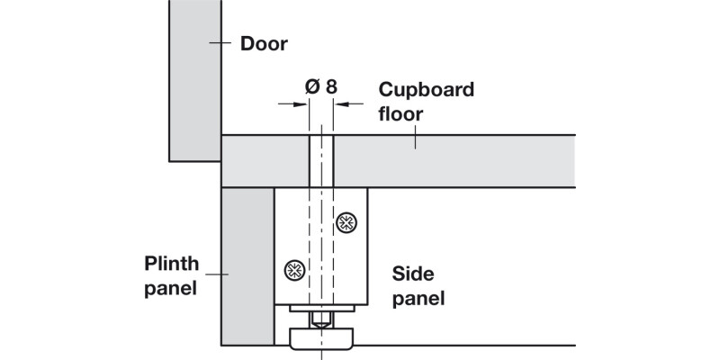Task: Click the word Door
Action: [x=264, y=43]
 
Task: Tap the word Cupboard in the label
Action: [x=426, y=90]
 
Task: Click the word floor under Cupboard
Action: [x=400, y=114]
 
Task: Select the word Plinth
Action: [x=172, y=265]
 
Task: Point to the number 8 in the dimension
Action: [x=331, y=86]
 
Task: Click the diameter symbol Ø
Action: [x=312, y=86]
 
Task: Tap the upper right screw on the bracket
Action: [x=345, y=222]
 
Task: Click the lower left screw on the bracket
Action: [x=294, y=268]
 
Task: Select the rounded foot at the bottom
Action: [x=320, y=338]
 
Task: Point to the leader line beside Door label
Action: [x=220, y=43]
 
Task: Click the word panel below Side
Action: [x=418, y=298]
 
